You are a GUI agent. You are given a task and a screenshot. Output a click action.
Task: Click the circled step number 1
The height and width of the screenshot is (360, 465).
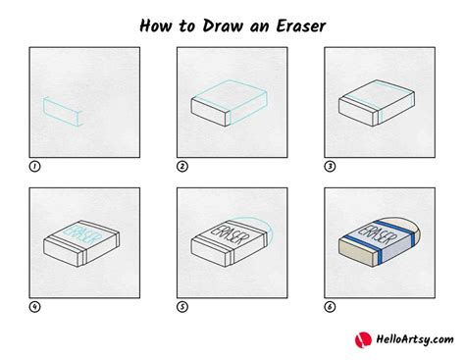tap(35, 167)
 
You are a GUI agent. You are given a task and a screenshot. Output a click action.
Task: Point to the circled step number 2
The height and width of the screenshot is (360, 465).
tap(181, 167)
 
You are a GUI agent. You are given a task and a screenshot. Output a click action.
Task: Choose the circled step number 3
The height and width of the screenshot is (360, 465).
tap(330, 167)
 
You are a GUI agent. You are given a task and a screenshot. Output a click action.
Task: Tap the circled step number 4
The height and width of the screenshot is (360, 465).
tap(35, 307)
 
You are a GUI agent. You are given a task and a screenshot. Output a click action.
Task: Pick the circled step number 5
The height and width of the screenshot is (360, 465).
tap(181, 307)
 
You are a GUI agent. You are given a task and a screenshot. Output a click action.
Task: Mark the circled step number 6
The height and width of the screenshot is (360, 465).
tap(330, 307)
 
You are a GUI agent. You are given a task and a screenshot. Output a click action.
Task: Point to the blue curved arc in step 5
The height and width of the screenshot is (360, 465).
tap(258, 227)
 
